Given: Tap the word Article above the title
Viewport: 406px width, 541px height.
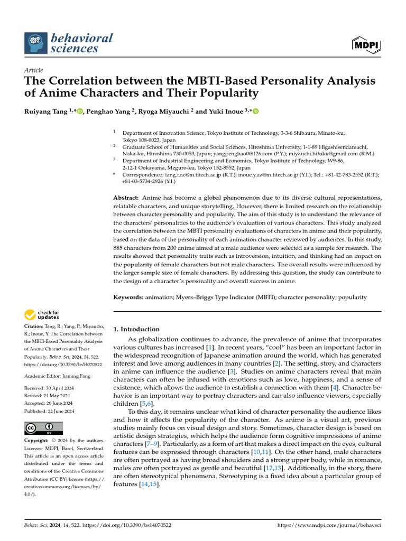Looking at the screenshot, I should [x=34, y=70].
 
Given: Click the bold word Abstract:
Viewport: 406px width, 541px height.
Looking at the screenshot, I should [x=126, y=198].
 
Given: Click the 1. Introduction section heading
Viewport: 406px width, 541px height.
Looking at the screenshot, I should [x=136, y=329].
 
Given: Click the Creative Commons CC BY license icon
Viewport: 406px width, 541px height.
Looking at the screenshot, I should [x=43, y=428].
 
